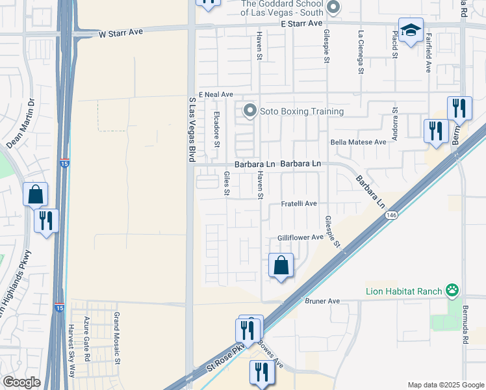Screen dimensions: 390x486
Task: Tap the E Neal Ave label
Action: [x=216, y=94]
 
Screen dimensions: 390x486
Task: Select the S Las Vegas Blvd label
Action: [x=192, y=130]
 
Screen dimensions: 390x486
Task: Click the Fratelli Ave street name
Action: [x=298, y=203]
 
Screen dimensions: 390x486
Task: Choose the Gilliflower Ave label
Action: [x=300, y=238]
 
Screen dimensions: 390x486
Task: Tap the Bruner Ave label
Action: [x=322, y=301]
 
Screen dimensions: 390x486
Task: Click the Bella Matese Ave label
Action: [x=358, y=142]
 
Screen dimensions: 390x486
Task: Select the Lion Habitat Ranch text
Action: [x=403, y=291]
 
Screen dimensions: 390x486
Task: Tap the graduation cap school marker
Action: [x=411, y=30]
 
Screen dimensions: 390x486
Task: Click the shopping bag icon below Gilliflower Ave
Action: [x=281, y=265]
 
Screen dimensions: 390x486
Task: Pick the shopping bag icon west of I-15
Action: [x=35, y=194]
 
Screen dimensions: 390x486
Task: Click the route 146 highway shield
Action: [x=390, y=214]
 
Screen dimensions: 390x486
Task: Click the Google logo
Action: [x=21, y=382]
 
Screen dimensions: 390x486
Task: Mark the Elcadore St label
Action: [x=217, y=129]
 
